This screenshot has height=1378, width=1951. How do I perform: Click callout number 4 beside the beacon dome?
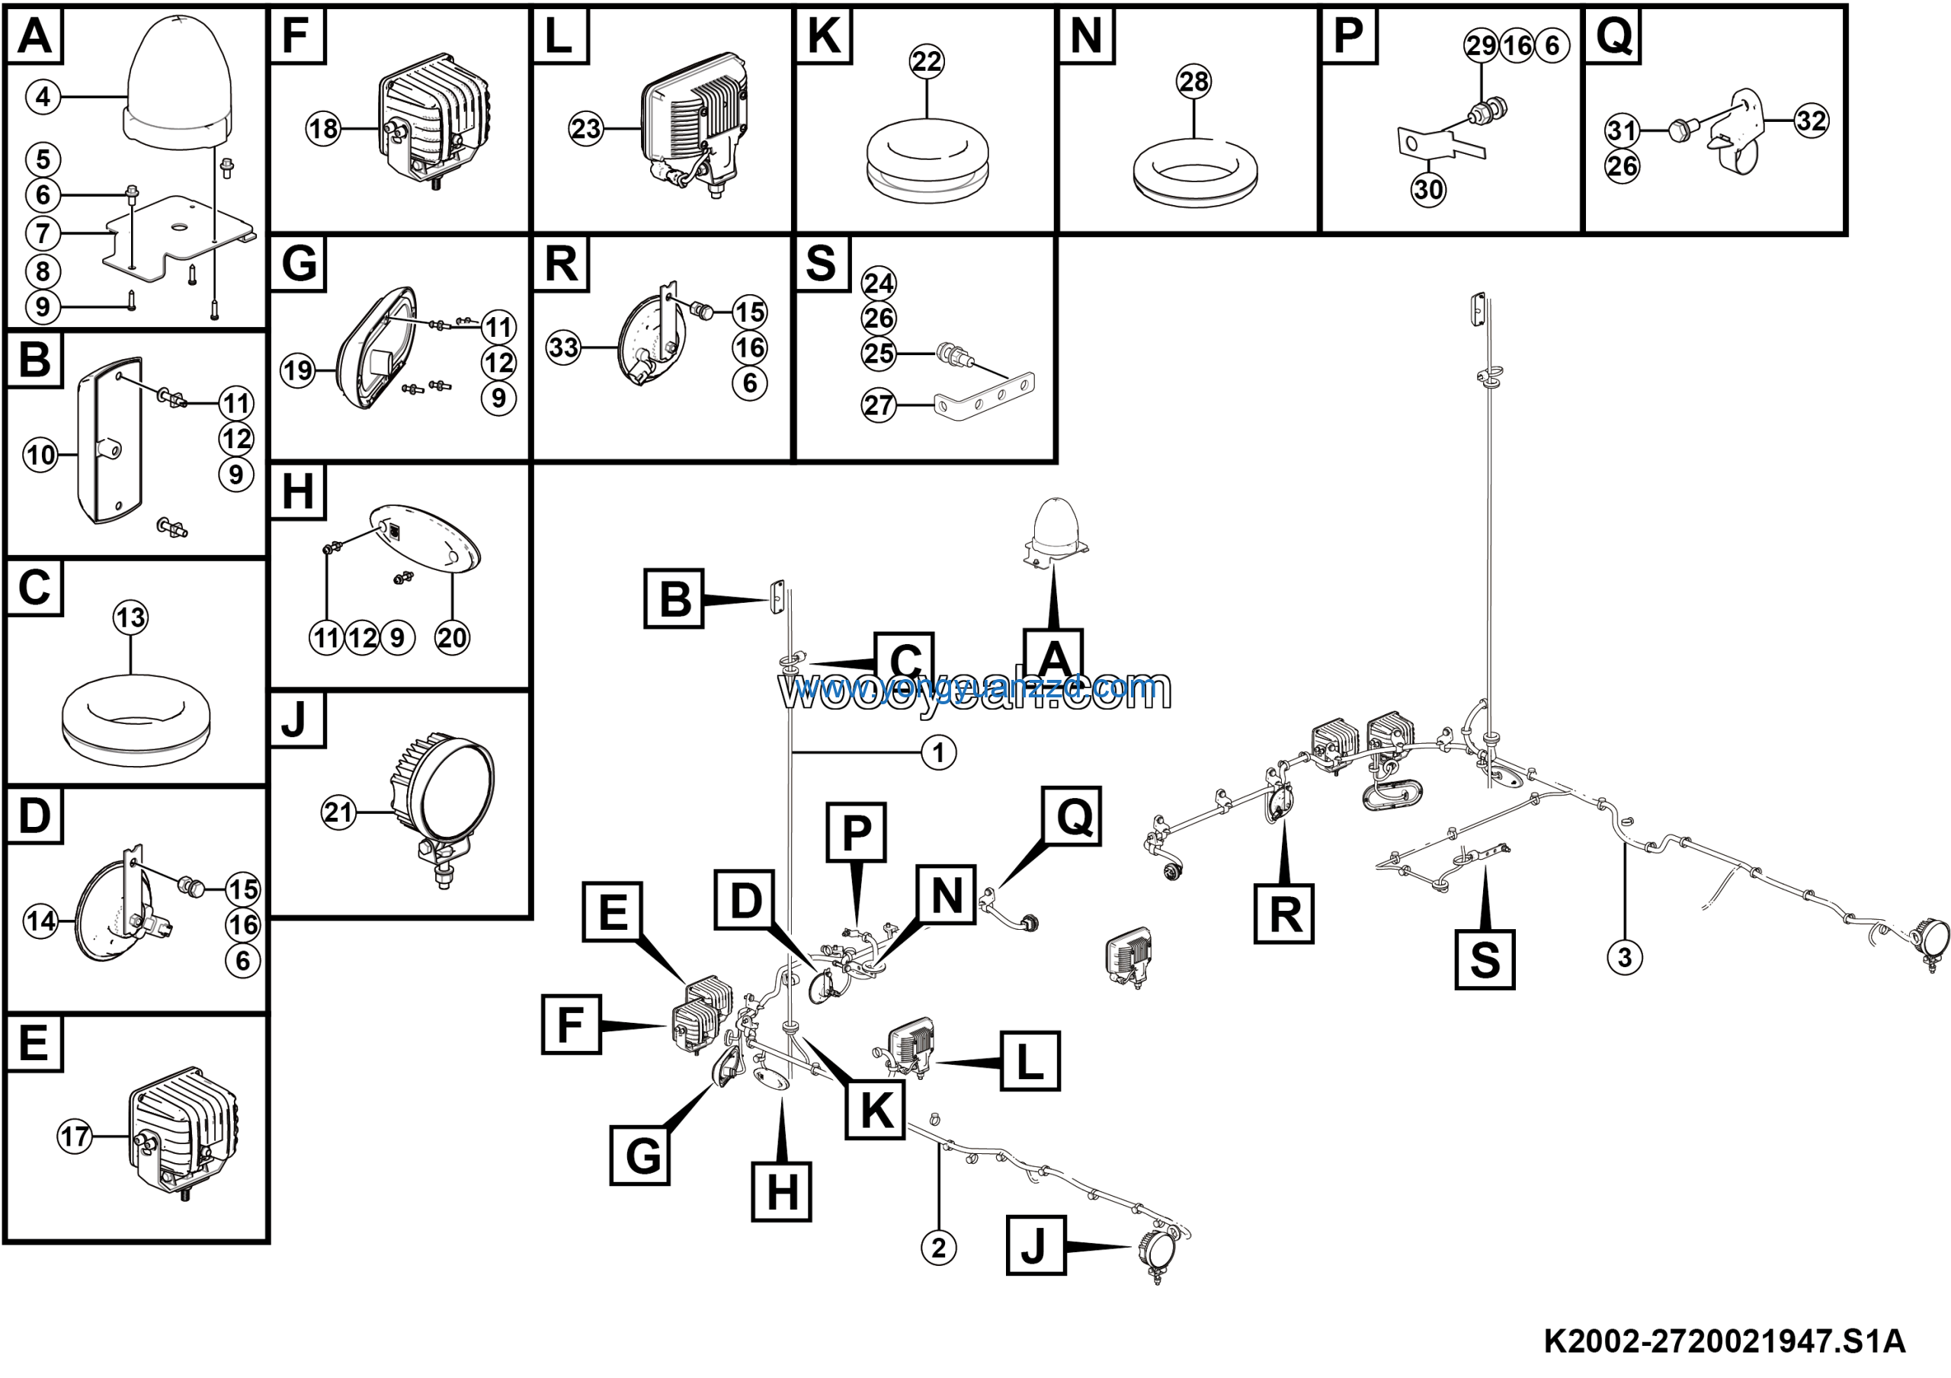[x=43, y=97]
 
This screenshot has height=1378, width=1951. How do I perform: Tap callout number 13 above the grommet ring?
[x=130, y=617]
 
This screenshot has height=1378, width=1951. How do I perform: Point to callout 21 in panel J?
[x=338, y=813]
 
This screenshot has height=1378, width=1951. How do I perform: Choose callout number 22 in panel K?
[x=926, y=61]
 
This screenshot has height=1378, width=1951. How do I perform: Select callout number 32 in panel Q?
[x=1811, y=120]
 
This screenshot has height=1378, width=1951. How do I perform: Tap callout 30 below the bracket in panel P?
[x=1427, y=190]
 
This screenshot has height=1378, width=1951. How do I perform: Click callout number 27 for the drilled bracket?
[x=879, y=406]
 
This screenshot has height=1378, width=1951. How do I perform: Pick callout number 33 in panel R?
[x=563, y=348]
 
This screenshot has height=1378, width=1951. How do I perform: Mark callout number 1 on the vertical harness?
[x=938, y=753]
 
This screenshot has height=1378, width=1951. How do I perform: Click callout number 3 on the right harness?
[x=1624, y=958]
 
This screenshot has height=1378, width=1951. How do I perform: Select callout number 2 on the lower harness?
[x=938, y=1249]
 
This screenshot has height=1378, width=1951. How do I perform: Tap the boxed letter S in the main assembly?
[x=1485, y=960]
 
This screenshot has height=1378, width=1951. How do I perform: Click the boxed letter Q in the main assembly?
[x=1074, y=816]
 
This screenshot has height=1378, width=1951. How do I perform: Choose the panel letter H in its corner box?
[x=297, y=492]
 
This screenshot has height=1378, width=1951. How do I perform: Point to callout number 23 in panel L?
[x=585, y=129]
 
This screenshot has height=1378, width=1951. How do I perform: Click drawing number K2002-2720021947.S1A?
[x=1724, y=1341]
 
